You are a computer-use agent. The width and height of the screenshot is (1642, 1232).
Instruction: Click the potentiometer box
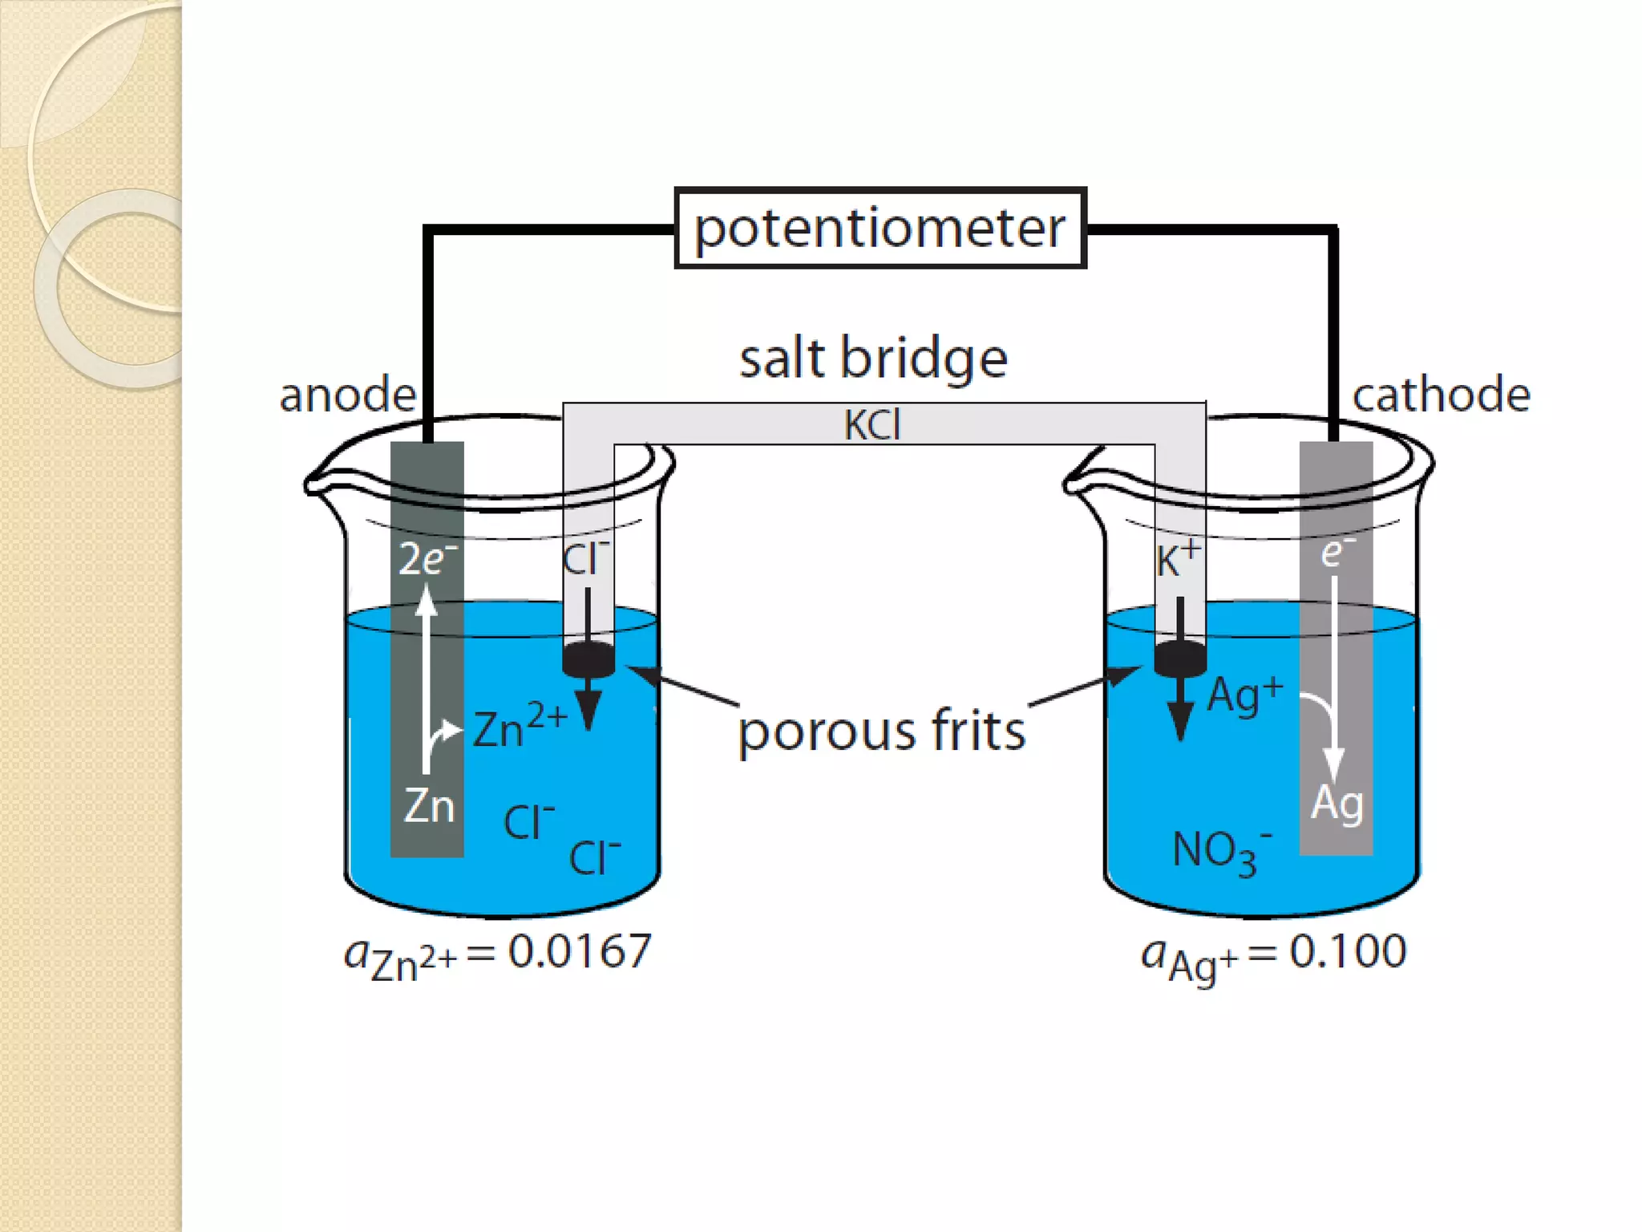click(880, 228)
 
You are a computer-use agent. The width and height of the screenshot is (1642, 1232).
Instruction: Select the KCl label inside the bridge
click(872, 424)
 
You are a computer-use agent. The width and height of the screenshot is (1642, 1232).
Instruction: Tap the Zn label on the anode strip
click(428, 805)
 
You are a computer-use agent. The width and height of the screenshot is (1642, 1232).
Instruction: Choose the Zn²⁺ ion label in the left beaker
click(520, 727)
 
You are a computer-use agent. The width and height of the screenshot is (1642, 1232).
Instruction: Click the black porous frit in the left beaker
click(588, 659)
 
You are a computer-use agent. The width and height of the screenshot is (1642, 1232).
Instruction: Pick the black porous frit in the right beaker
click(1179, 659)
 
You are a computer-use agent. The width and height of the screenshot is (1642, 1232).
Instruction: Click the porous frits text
click(881, 731)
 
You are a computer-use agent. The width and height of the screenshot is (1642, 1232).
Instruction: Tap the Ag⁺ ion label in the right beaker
click(1244, 695)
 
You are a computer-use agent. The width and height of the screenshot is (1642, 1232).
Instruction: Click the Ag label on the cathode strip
click(1337, 803)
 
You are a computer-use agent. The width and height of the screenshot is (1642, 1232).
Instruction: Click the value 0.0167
click(579, 951)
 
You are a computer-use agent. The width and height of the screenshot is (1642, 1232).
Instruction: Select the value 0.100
click(1347, 951)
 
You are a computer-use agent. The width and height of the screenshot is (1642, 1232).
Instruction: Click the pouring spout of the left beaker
click(314, 482)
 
